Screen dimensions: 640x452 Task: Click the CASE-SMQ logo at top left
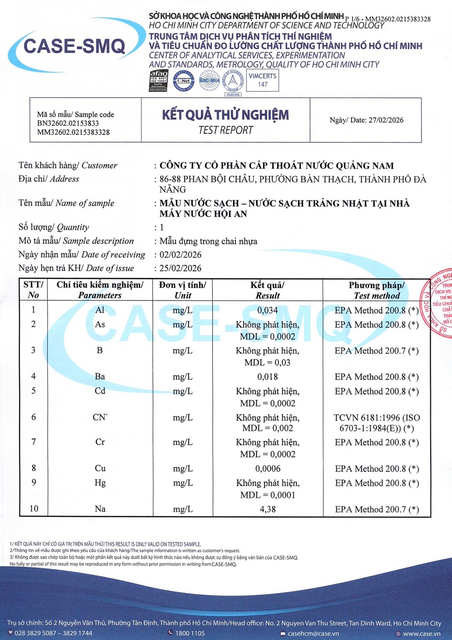pos(75,46)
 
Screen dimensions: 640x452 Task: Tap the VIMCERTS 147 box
pos(263,80)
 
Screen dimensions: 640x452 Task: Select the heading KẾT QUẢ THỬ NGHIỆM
pos(226,115)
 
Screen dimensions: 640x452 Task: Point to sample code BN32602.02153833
pos(68,123)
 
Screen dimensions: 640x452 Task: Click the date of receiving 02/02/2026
pos(180,255)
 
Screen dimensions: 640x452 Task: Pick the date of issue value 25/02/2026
pos(180,268)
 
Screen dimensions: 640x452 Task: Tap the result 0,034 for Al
pos(267,310)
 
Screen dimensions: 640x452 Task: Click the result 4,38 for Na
pos(267,509)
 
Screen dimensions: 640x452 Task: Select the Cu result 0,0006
pos(268,468)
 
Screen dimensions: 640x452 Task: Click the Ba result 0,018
pos(267,377)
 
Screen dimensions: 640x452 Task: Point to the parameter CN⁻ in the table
pos(100,417)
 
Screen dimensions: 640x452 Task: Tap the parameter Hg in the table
pos(100,483)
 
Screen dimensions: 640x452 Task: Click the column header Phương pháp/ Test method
pos(376,290)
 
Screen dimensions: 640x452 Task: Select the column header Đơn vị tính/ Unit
pos(182,290)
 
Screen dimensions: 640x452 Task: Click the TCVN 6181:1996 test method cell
pos(376,423)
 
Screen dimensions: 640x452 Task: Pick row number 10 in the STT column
pos(34,509)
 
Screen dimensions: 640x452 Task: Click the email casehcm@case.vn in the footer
pos(313,634)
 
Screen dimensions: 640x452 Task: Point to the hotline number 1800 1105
pos(190,633)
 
